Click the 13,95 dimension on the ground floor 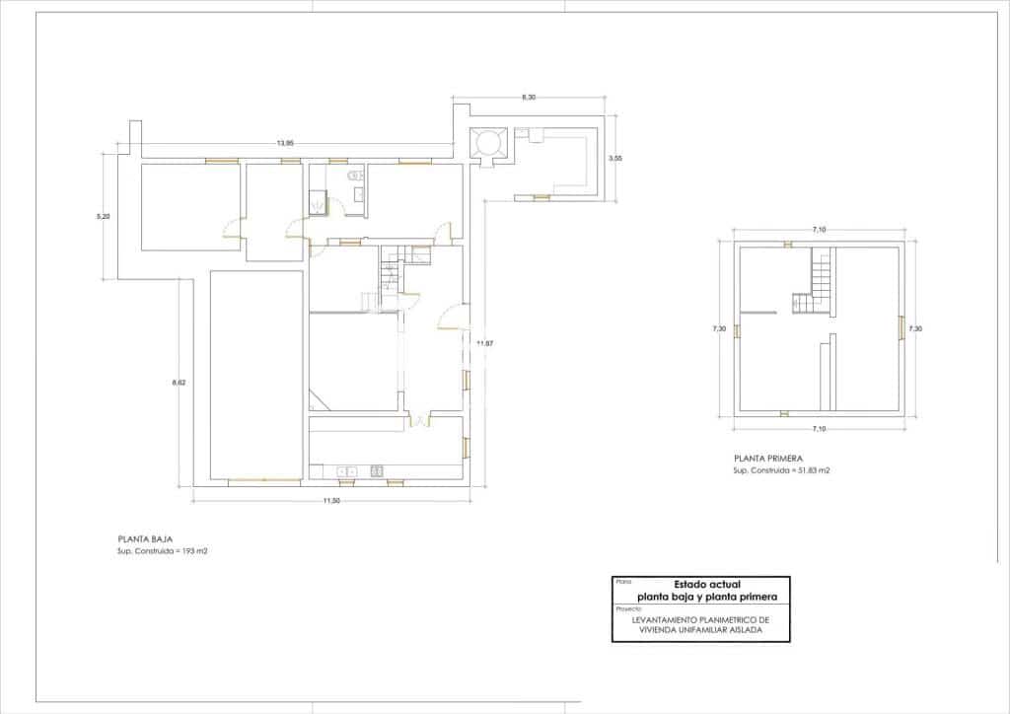tap(286, 144)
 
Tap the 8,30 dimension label tap(530, 97)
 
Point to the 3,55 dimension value tap(615, 158)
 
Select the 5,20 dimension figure tap(103, 216)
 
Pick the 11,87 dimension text tap(484, 342)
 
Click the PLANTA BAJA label tap(146, 539)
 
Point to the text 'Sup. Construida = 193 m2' tap(163, 551)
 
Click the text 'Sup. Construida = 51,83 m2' tap(781, 471)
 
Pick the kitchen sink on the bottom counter tap(346, 472)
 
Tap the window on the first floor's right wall tap(901, 327)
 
